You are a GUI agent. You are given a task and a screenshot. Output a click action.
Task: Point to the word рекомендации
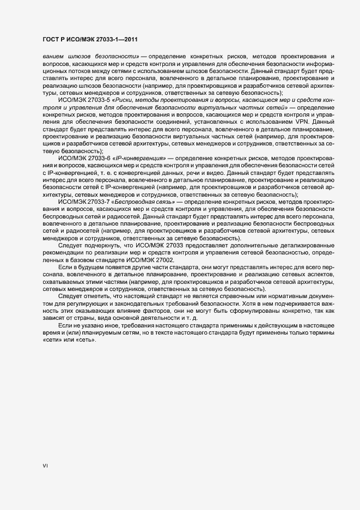pos(63,252)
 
